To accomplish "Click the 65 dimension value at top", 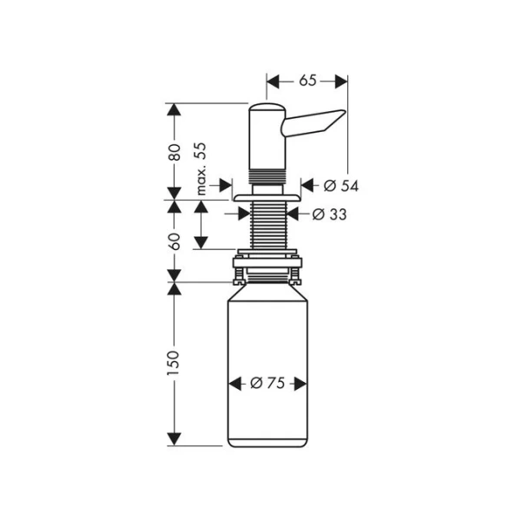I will click(307, 81).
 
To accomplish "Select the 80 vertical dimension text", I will click(174, 151).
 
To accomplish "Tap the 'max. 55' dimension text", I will click(201, 168).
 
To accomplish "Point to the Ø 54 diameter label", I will click(340, 185).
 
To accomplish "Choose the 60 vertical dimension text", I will click(174, 241).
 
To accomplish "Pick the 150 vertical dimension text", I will click(174, 363).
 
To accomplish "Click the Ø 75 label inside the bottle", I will click(267, 383).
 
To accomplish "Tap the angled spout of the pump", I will click(317, 122).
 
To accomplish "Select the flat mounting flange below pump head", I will click(267, 198).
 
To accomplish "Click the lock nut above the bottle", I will click(267, 260).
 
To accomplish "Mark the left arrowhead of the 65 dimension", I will click(273, 81).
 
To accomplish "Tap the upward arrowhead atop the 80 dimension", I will click(174, 110).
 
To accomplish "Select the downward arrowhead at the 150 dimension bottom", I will click(174, 439).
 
